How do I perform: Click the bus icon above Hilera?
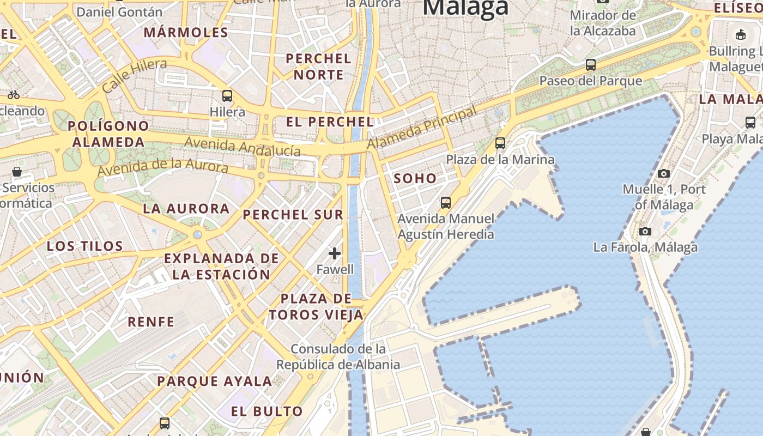[x=227, y=96]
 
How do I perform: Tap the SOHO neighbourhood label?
[x=415, y=178]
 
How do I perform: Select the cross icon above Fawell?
[x=335, y=253]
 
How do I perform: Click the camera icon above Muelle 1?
[x=663, y=173]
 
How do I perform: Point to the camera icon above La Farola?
[x=645, y=231]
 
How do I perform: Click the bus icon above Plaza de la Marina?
[x=500, y=143]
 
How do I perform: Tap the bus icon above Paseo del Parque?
[x=590, y=65]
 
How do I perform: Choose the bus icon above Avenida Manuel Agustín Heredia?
[x=446, y=203]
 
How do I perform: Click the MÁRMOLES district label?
[x=186, y=32]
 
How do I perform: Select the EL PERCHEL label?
[x=330, y=122]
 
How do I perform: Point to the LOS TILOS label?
[x=85, y=246]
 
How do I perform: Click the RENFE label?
[x=151, y=322]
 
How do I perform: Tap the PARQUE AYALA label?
[x=215, y=381]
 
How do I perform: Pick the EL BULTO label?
[x=267, y=411]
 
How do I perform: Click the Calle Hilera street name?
[x=135, y=75]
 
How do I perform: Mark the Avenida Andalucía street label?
[x=243, y=147]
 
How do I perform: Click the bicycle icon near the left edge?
[x=14, y=95]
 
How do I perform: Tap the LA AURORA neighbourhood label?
[x=186, y=208]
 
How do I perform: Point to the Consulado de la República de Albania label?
[x=338, y=356]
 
